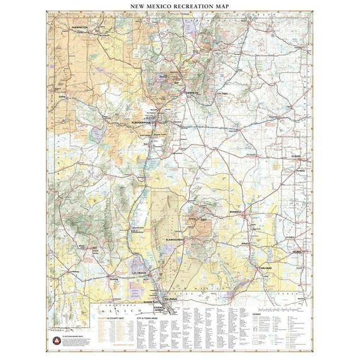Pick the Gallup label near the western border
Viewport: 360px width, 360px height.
[x=62, y=97]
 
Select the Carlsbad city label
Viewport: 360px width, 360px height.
[x=265, y=268]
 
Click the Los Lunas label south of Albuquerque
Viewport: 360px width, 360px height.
[x=145, y=135]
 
